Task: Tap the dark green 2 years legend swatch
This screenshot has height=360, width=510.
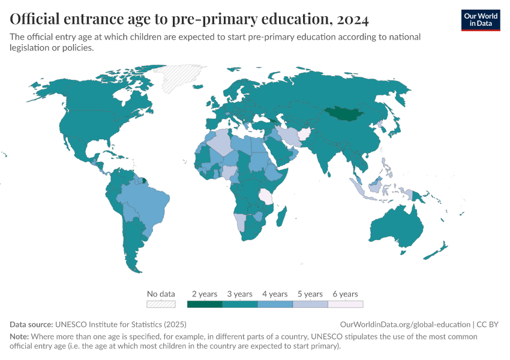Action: pos(205,304)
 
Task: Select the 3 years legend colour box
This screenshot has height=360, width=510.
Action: pos(239,304)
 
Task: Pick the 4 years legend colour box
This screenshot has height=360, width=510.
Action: pos(275,304)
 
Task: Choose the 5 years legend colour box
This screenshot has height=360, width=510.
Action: pos(310,304)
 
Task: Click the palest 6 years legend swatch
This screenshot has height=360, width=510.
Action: pos(345,304)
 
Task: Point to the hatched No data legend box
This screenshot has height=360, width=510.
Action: pos(161,304)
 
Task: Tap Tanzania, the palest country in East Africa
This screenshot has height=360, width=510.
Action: pos(265,196)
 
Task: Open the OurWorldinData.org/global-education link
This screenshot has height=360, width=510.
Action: pos(405,324)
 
